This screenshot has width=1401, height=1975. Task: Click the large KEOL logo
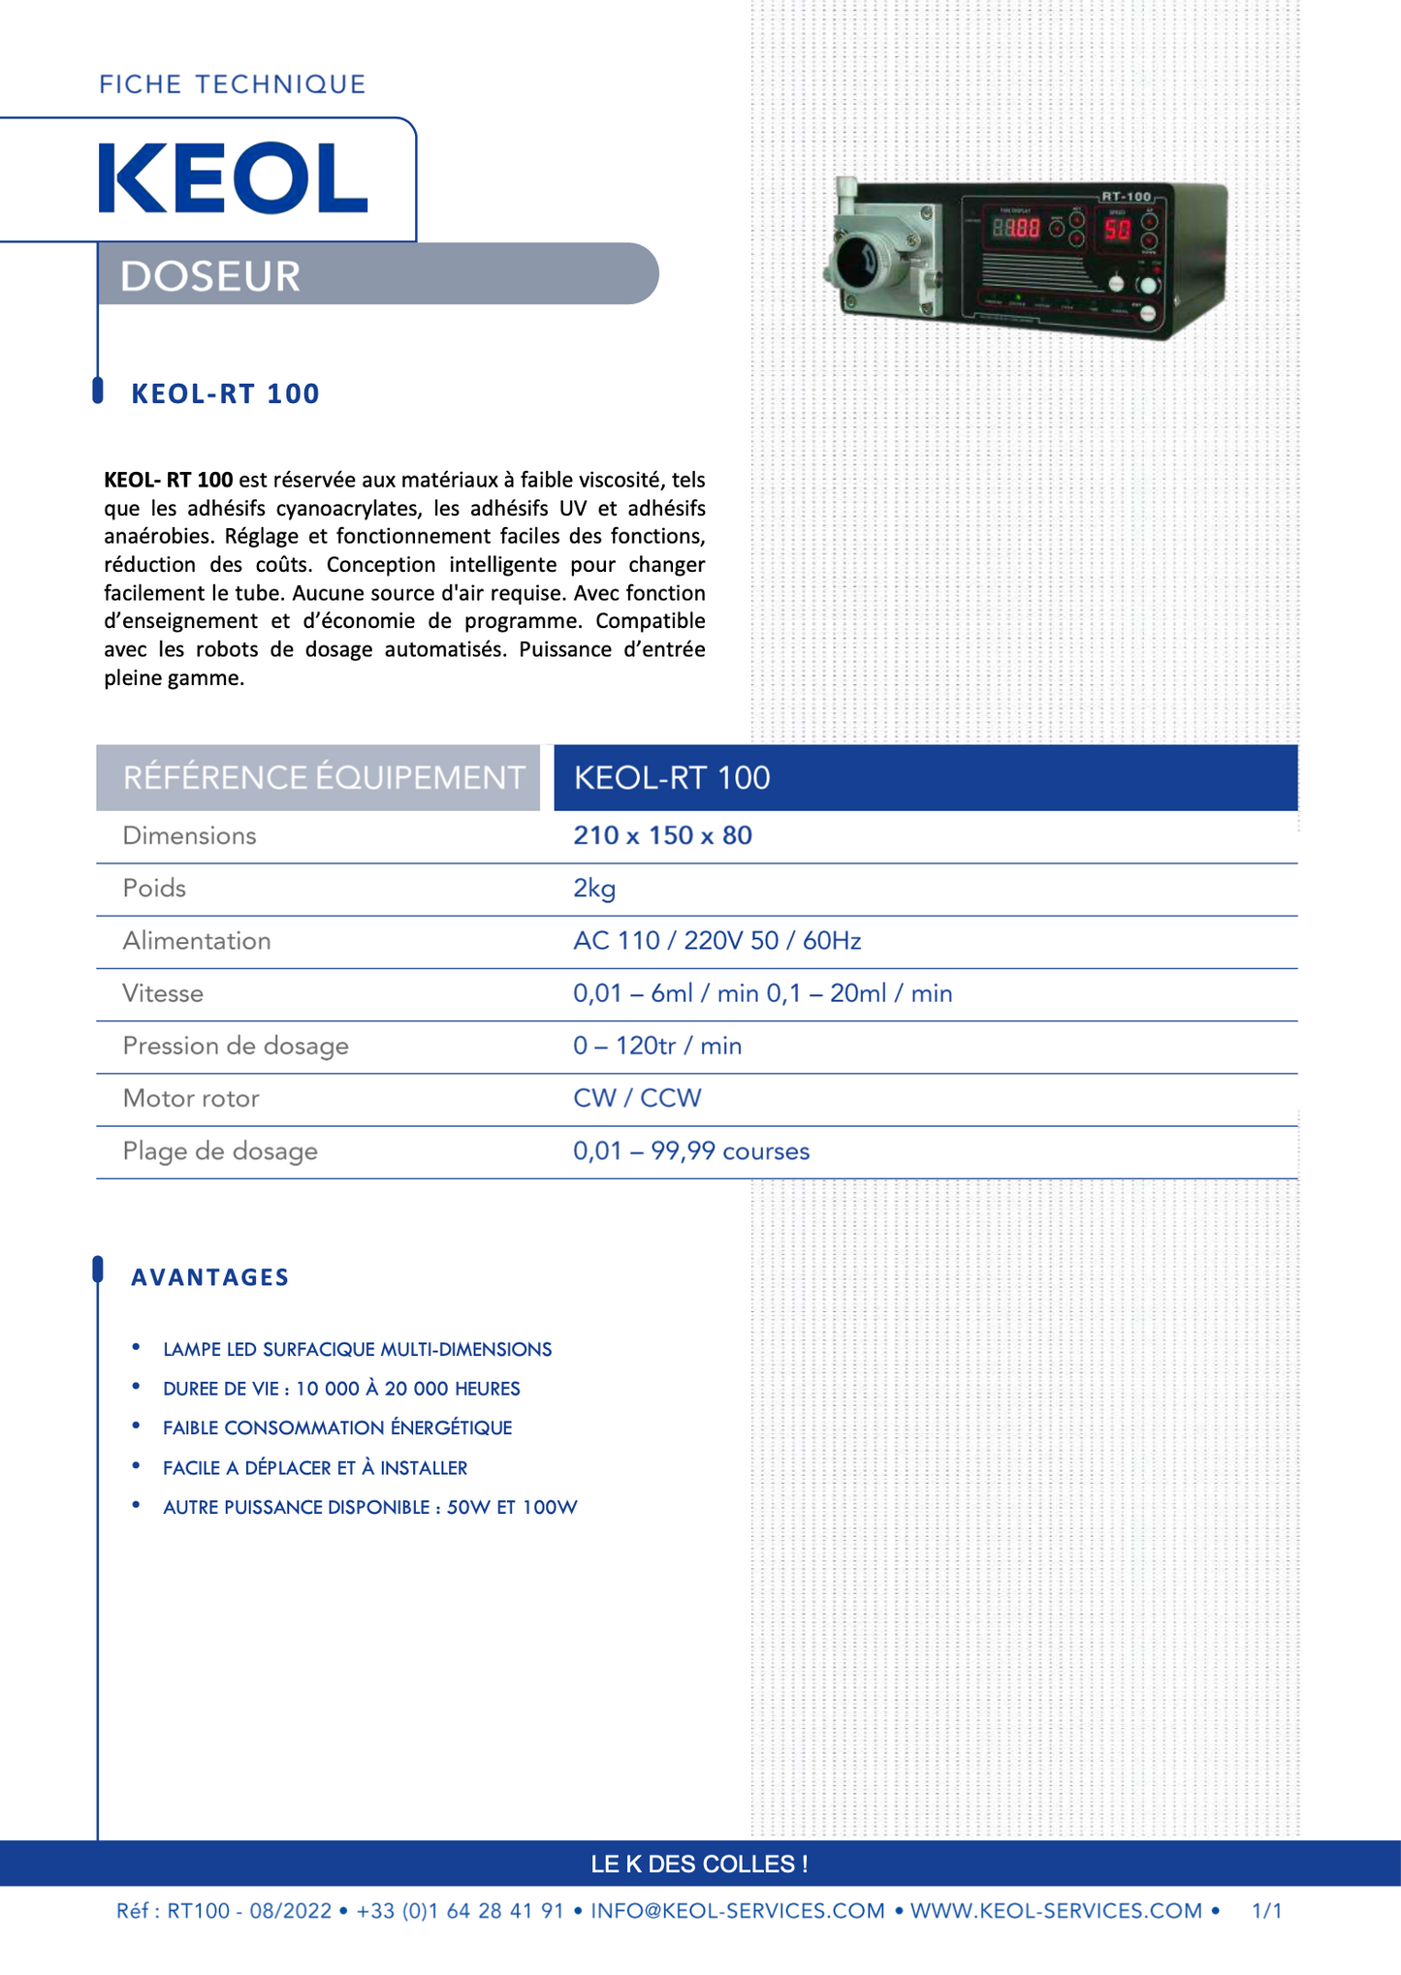233,178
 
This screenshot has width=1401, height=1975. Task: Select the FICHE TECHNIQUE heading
233,84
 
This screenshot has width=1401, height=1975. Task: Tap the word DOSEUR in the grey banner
210,276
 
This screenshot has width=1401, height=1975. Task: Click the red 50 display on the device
1117,230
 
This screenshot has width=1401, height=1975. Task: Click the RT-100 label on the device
1126,197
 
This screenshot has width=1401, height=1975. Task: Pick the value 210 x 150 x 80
662,835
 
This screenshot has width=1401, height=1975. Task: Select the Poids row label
154,888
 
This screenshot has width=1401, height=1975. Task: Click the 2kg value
594,888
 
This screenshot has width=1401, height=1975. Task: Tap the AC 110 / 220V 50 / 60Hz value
716,940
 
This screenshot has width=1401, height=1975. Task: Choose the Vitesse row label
163,993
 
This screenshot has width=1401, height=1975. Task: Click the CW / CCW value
637,1098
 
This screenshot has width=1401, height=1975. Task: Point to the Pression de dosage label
236,1046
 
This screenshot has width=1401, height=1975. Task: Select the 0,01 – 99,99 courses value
691,1151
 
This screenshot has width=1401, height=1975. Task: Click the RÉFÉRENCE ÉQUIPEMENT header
323,777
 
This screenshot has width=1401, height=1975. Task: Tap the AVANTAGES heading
210,1277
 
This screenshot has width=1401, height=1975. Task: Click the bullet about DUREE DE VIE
341,1389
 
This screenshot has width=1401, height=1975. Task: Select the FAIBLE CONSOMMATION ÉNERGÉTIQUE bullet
337,1427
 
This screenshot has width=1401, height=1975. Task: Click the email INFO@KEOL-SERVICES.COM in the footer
738,1911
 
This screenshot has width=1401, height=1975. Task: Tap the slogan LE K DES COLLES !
700,1864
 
